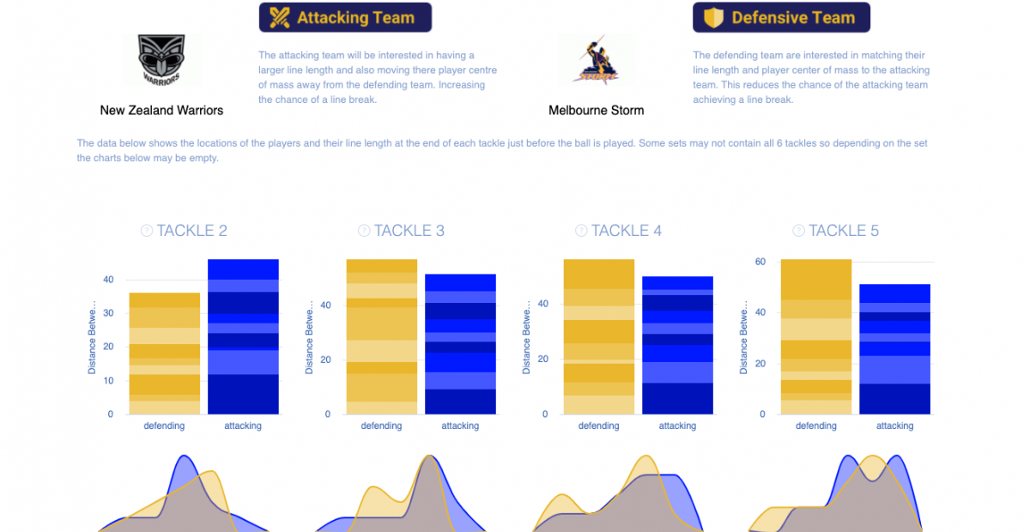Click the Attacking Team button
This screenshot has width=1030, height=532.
pos(345,17)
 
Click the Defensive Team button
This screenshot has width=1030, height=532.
pos(781,17)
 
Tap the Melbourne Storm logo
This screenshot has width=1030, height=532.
pos(596,59)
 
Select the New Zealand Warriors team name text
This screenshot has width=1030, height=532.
pos(161,110)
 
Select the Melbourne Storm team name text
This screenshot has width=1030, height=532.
pos(596,110)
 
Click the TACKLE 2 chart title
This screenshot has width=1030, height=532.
pos(191,231)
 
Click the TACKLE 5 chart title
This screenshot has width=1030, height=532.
pos(844,231)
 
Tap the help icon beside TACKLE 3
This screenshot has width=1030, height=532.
pos(364,231)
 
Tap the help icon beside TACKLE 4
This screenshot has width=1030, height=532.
pos(581,231)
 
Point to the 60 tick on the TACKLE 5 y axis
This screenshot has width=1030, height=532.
pos(759,262)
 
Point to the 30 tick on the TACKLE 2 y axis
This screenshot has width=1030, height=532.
pos(108,313)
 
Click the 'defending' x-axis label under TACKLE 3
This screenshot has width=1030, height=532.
pos(381,426)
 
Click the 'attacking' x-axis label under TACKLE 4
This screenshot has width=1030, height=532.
pos(677,426)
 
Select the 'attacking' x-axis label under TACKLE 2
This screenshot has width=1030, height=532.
pos(243,426)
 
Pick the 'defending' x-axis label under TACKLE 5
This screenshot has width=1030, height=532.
pos(815,426)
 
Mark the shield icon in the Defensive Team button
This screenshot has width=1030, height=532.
pos(713,17)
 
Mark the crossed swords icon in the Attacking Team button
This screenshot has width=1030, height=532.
pos(279,17)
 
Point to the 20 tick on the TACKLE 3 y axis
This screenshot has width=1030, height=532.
pos(324,360)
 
